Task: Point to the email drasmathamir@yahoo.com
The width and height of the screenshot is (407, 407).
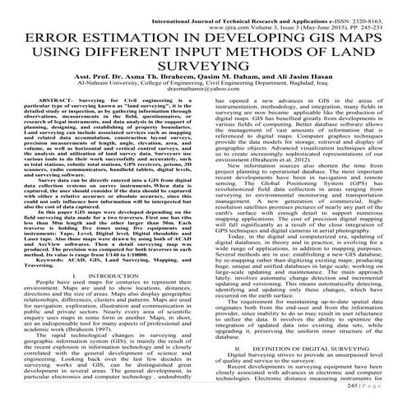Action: click(202, 107)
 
